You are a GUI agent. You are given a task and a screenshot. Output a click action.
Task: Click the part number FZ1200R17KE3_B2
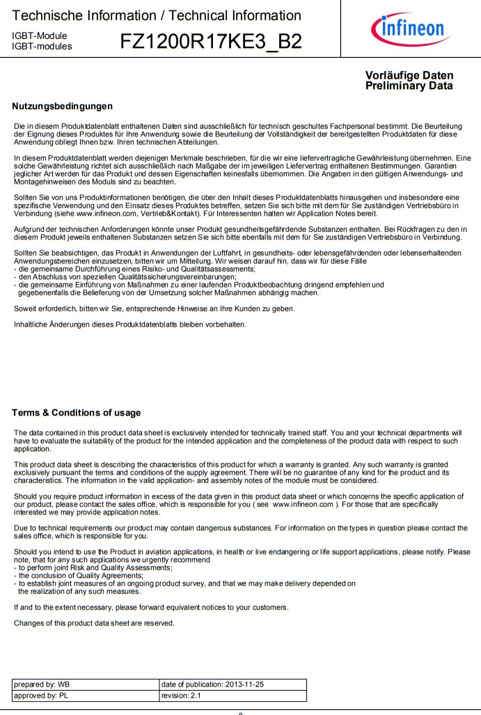point(211,42)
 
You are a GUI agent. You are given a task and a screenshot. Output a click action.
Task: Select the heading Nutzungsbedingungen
point(63,106)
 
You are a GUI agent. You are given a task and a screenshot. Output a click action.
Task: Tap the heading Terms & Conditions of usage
point(76,413)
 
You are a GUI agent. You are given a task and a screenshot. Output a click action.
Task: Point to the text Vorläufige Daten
point(409,75)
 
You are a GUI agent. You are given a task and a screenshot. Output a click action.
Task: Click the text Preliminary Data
point(409,86)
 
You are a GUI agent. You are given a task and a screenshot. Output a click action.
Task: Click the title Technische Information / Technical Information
point(157,15)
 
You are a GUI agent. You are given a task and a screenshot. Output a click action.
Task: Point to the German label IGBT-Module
point(39,36)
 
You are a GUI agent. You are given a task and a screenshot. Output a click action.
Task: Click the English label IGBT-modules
point(42,46)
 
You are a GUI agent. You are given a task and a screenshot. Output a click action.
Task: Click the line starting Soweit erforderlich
point(150,308)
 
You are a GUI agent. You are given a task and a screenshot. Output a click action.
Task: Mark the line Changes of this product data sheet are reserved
point(94,623)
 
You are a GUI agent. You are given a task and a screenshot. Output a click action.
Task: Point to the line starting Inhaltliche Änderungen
point(129,324)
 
